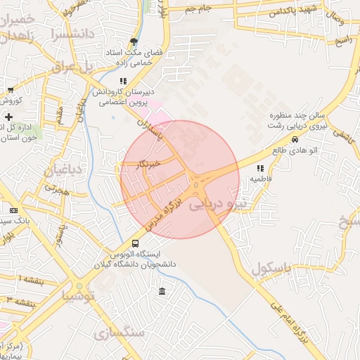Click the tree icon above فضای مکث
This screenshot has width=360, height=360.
click(134, 41)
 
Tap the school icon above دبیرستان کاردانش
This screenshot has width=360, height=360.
click(123, 81)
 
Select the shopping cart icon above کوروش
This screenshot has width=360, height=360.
click(11, 90)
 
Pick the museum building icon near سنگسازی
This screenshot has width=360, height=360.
click(162, 292)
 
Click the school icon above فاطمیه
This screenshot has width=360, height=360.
click(261, 169)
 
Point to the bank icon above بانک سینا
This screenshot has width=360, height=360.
click(13, 210)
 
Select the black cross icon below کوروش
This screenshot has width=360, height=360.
click(8, 116)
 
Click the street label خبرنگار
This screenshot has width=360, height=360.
click(148, 165)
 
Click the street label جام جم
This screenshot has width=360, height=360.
click(200, 8)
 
